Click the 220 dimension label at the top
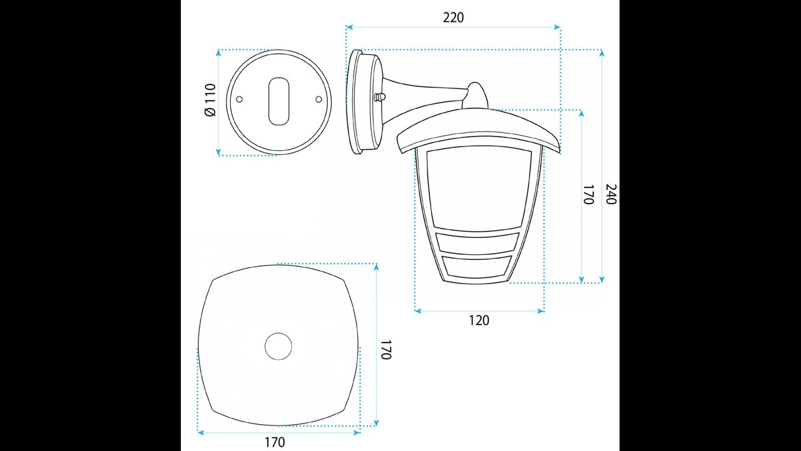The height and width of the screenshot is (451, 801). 453,18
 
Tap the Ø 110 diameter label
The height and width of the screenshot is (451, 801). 211,100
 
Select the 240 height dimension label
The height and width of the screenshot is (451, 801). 611,194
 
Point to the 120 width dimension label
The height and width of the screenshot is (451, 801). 479,320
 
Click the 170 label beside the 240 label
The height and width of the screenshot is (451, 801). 589,194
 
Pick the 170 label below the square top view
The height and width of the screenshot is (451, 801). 275,442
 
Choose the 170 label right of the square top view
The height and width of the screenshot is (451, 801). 384,350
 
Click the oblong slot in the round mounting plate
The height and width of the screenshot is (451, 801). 278,101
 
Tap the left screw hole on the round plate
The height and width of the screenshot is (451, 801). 240,99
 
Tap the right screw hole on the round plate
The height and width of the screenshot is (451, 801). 319,99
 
